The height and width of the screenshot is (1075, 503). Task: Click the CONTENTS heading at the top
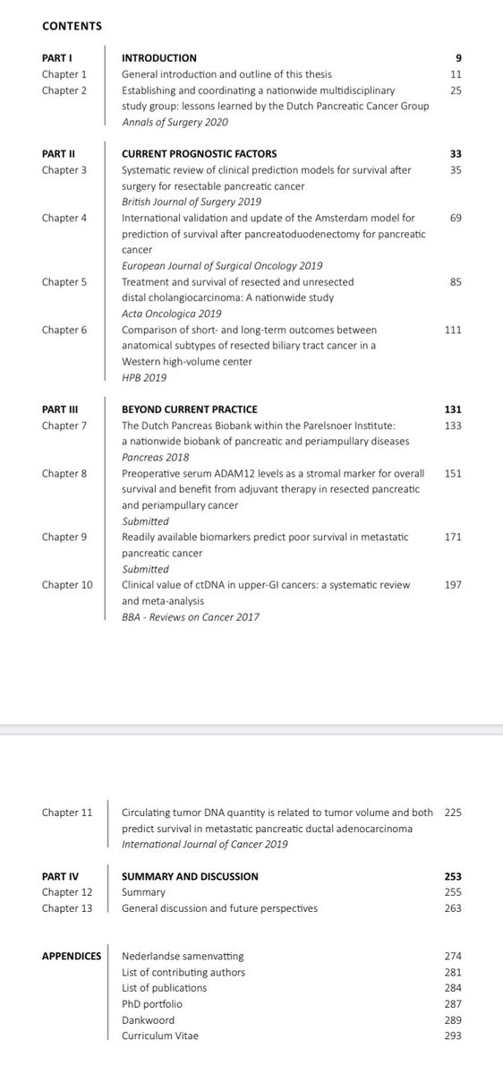click(72, 26)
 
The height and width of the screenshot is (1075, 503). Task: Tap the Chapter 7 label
click(64, 425)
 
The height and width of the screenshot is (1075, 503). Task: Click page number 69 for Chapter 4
click(456, 217)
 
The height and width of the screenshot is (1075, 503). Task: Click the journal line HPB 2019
click(144, 378)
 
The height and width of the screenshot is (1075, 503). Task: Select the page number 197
click(453, 585)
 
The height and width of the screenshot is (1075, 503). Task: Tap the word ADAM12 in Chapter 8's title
click(237, 473)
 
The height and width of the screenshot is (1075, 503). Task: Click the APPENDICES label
click(72, 956)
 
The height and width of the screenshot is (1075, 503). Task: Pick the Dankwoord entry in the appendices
click(148, 1019)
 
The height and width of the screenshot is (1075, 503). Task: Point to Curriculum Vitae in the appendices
click(160, 1036)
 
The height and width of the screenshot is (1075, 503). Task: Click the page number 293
click(453, 1036)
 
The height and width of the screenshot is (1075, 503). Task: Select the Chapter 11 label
click(67, 813)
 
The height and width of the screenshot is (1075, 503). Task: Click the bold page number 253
click(452, 876)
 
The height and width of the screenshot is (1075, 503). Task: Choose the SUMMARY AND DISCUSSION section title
click(190, 876)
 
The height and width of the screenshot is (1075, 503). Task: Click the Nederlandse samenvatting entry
click(183, 956)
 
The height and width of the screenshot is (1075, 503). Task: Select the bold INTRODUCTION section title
click(158, 58)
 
